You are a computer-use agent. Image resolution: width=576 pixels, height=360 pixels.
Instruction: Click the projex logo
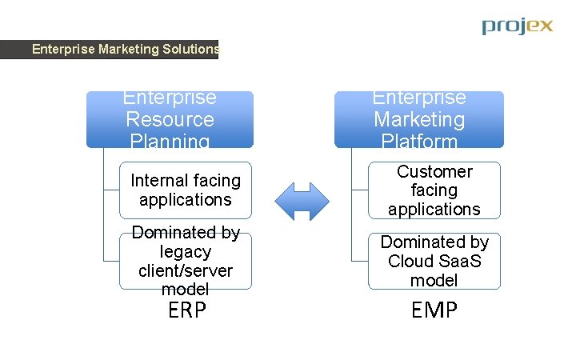coord(517,26)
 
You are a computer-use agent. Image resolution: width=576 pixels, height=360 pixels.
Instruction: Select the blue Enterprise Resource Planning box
coord(170,119)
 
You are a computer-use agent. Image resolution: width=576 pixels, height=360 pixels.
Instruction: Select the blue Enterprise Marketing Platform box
coord(419,119)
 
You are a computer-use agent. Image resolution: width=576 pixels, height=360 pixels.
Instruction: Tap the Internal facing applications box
coord(186,190)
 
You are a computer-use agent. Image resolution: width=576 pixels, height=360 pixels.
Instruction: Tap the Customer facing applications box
coord(434,190)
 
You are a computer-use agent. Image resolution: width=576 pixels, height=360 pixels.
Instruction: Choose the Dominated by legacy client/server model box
coord(186,261)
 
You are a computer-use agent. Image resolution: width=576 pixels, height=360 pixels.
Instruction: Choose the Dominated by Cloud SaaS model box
coord(434,261)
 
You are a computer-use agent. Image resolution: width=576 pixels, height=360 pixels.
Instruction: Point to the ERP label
coord(187,310)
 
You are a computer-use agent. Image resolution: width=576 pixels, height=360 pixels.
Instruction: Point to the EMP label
coord(434,310)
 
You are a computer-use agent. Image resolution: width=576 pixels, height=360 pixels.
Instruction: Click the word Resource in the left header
coord(170,120)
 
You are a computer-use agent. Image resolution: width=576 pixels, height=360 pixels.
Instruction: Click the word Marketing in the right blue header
coord(419,120)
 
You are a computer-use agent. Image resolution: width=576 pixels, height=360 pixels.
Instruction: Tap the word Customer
coord(434,172)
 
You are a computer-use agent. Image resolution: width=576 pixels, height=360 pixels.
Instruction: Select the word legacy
coord(186,252)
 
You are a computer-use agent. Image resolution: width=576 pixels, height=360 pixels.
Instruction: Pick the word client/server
coord(186,270)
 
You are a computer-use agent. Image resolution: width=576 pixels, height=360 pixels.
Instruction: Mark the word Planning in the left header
coord(170,142)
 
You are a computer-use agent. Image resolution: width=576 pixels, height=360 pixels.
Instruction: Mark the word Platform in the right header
coord(419,142)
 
